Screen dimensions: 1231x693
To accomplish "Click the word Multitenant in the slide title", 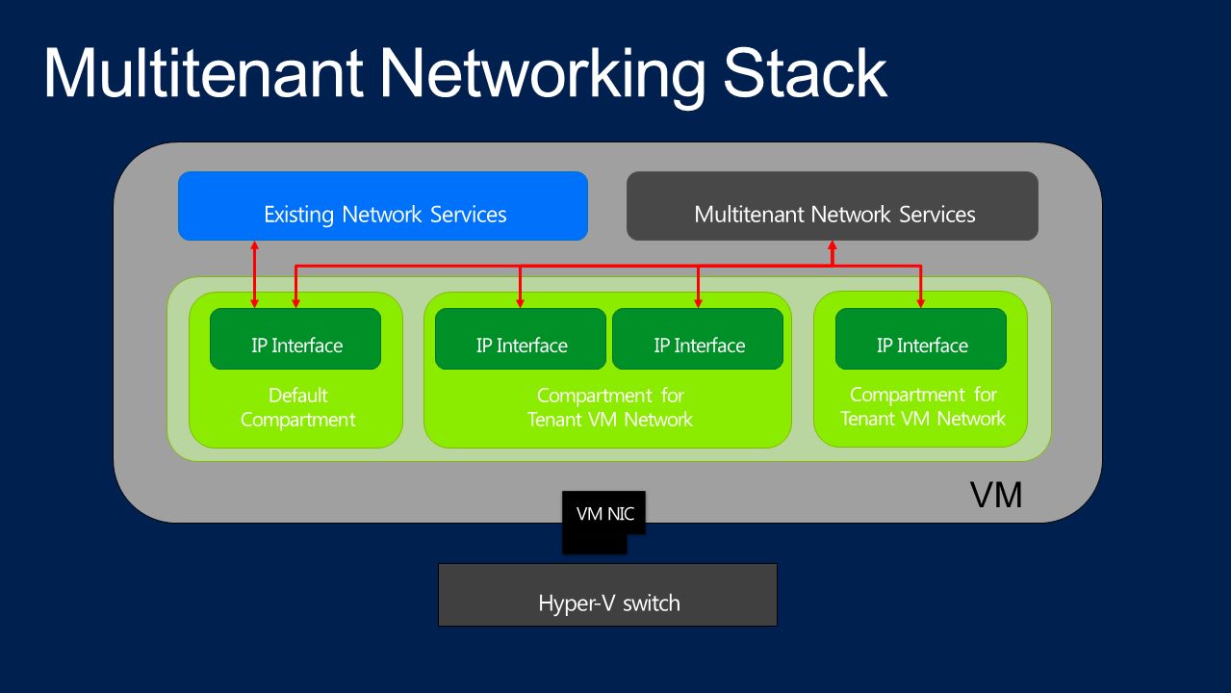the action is pyautogui.click(x=203, y=73).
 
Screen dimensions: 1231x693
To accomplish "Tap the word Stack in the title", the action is pyautogui.click(x=805, y=73).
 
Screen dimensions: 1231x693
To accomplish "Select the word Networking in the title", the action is pyautogui.click(x=543, y=77).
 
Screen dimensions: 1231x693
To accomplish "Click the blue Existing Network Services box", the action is pyautogui.click(x=383, y=206).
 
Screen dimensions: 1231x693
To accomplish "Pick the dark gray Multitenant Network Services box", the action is pyautogui.click(x=832, y=206).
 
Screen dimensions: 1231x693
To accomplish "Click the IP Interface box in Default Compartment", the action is pyautogui.click(x=295, y=339).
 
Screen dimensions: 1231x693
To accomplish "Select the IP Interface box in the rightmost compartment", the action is pyautogui.click(x=921, y=339).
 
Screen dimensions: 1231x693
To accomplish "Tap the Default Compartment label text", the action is pyautogui.click(x=297, y=407).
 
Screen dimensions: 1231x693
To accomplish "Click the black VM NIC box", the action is pyautogui.click(x=603, y=522).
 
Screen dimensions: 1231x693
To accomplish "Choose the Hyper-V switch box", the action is pyautogui.click(x=608, y=595).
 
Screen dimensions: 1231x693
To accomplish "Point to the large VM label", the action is pyautogui.click(x=996, y=495).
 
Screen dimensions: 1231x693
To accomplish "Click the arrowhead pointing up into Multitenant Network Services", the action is pyautogui.click(x=833, y=245).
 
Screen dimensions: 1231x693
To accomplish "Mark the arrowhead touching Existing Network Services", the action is pyautogui.click(x=254, y=245).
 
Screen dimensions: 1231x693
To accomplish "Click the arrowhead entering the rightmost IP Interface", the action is pyautogui.click(x=921, y=303).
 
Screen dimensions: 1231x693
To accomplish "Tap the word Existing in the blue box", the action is pyautogui.click(x=299, y=215).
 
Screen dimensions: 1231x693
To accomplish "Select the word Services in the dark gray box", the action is pyautogui.click(x=937, y=215).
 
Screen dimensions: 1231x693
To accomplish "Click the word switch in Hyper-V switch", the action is pyautogui.click(x=652, y=603).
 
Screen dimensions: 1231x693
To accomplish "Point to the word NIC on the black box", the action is pyautogui.click(x=621, y=514).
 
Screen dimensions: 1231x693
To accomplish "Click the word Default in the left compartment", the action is pyautogui.click(x=297, y=396).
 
